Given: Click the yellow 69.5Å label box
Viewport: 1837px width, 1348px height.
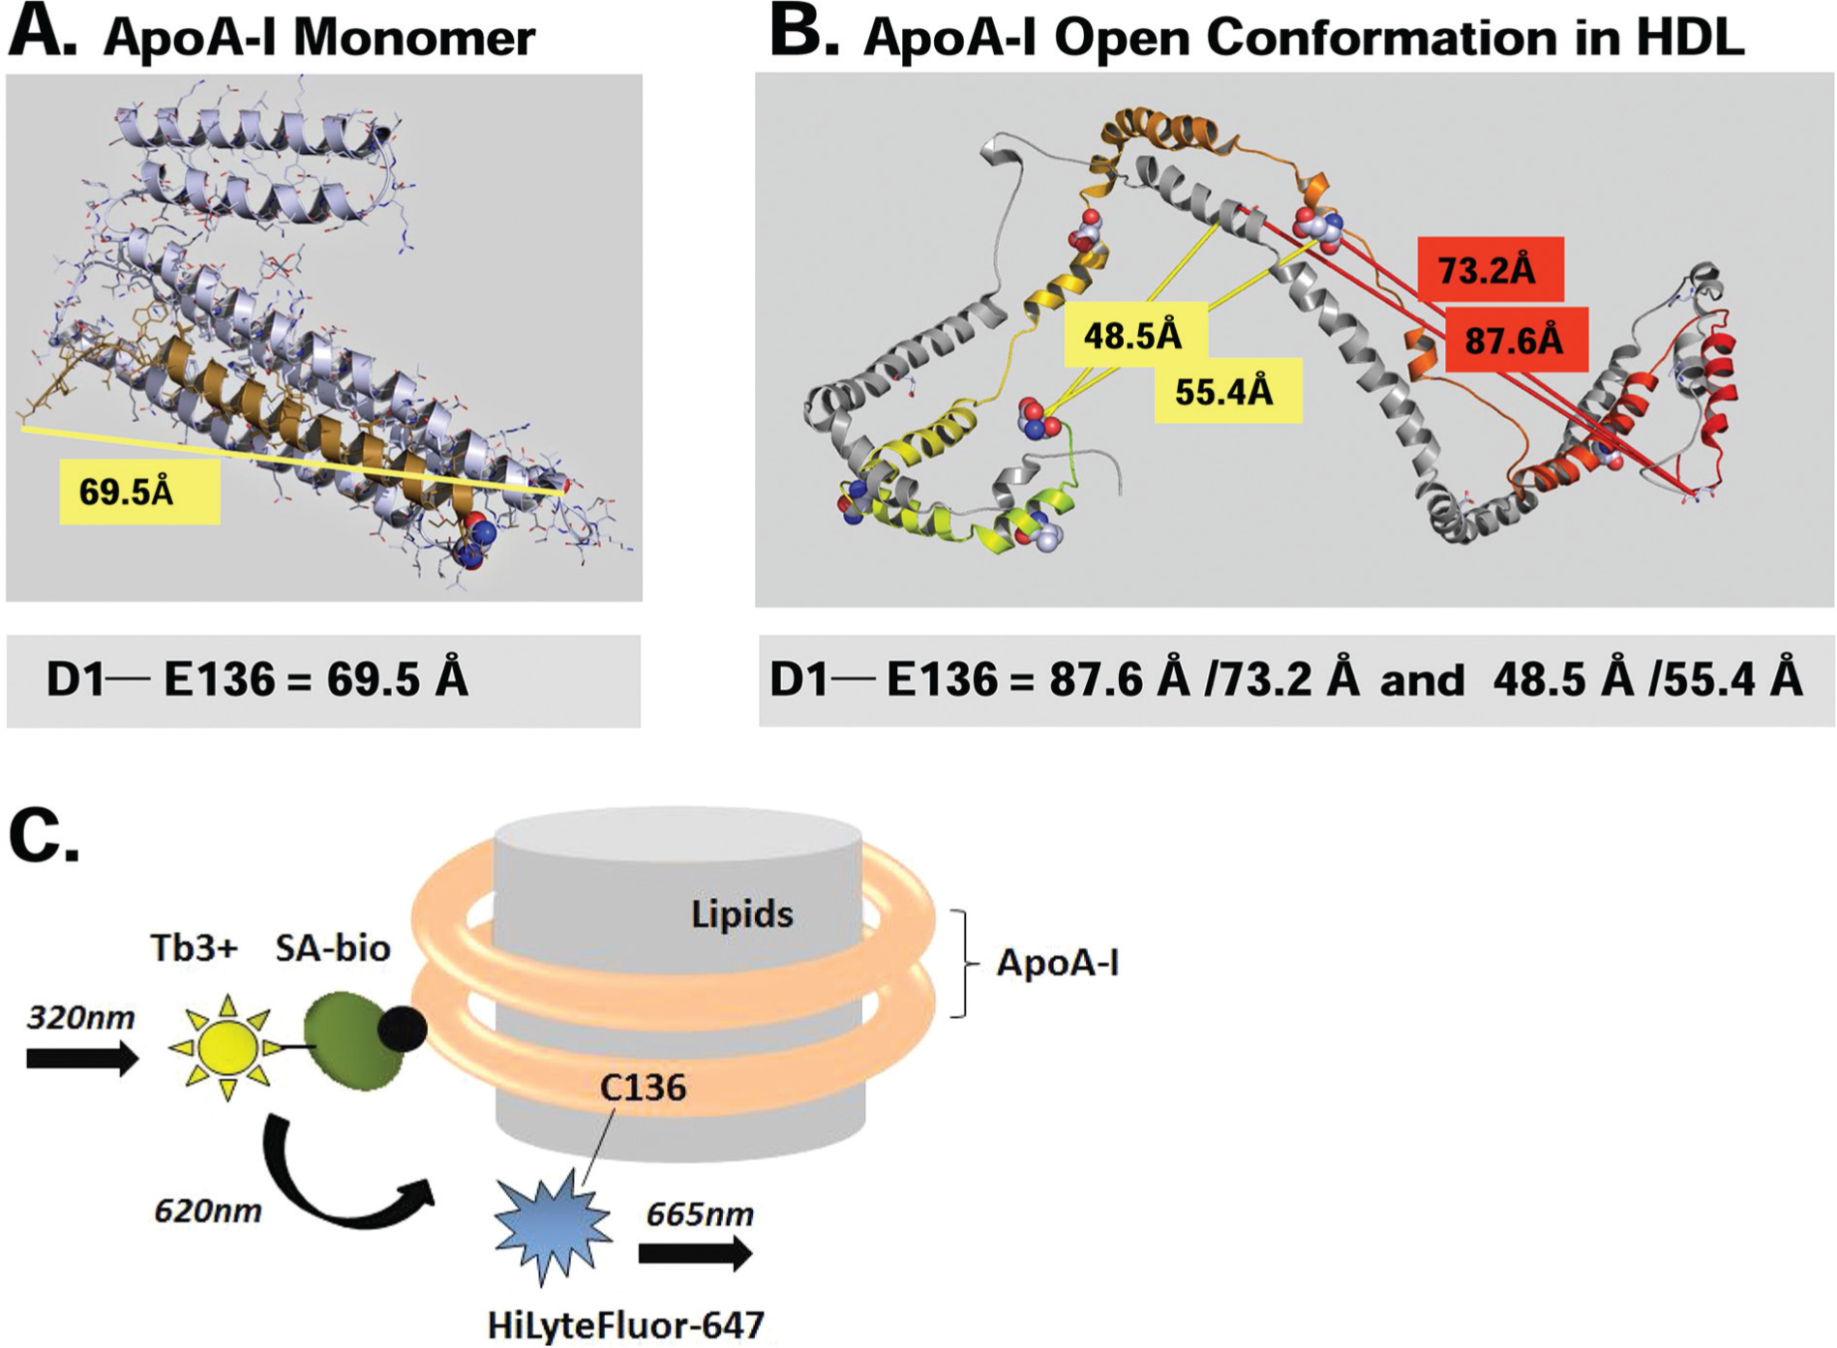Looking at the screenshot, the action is point(139,492).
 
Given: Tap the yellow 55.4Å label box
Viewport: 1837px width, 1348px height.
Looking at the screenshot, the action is point(1227,391).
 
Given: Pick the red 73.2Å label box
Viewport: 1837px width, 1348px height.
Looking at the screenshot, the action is point(1491,269).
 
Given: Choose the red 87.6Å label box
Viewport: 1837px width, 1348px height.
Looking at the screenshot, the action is point(1517,340).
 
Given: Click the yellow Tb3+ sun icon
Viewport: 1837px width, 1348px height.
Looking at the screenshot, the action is point(226,1047).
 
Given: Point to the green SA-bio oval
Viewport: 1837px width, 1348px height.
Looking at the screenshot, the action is point(352,1040).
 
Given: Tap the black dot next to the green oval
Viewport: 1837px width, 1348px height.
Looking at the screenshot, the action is point(402,1029).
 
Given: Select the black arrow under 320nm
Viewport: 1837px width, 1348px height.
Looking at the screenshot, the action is point(82,1059).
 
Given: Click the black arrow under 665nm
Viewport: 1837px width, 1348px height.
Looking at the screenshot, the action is point(695,1254).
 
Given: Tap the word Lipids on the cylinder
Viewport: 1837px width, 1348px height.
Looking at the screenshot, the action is point(742,914).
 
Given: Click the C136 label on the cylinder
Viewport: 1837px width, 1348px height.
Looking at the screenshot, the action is point(643,1088).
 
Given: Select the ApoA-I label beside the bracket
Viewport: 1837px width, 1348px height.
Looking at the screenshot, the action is point(1058,963).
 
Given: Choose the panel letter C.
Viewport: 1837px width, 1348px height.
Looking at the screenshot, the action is point(44,835).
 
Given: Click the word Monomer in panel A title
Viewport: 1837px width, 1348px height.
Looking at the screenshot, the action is point(414,38).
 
